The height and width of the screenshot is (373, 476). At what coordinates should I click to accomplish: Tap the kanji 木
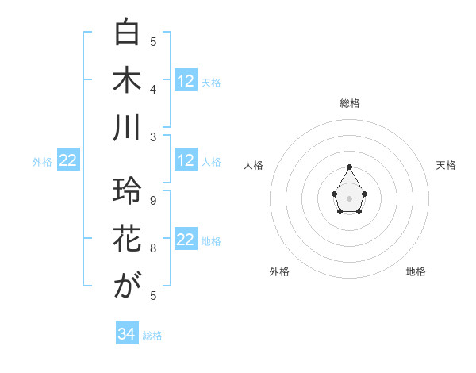pos(127,81)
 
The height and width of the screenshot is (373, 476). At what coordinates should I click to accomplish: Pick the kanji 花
pos(127,238)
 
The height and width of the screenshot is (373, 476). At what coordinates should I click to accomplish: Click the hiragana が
pos(127,286)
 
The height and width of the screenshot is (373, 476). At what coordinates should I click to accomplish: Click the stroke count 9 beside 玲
pos(153,201)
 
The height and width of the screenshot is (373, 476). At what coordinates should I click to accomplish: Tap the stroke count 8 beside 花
pos(153,248)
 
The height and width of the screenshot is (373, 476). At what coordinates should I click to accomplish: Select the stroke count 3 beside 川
pos(153,137)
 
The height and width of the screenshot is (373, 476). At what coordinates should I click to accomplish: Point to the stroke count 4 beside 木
pos(153,90)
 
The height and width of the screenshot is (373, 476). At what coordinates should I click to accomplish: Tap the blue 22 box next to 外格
pos(68,161)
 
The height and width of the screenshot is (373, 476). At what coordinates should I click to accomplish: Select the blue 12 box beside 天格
pos(186,81)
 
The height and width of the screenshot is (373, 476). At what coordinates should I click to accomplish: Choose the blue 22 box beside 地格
pos(186,240)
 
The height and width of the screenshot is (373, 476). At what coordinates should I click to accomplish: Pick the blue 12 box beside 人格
pos(186,161)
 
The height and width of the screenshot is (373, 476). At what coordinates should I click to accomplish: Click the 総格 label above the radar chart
pos(350,103)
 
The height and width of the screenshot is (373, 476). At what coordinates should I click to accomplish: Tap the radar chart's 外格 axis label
pos(279,271)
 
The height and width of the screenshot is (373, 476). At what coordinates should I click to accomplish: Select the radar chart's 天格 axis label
pos(446,165)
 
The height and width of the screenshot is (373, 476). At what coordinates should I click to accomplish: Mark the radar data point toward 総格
pos(349,167)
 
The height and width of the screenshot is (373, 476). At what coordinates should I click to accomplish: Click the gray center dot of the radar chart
pos(349,198)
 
